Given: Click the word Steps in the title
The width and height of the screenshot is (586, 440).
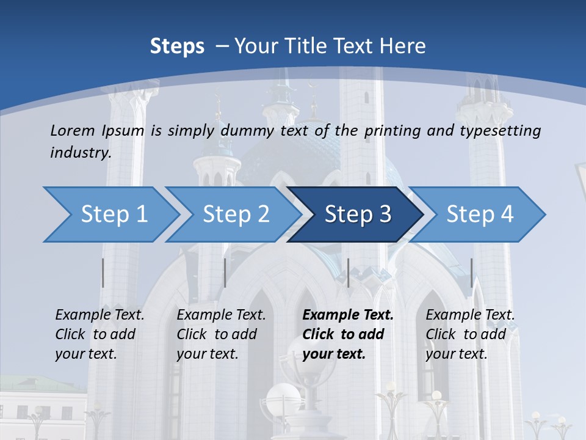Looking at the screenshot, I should tap(177, 46).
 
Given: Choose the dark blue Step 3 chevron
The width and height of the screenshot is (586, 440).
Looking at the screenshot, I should tap(358, 215).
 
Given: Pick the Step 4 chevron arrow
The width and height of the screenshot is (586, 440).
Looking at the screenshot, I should tap(480, 215).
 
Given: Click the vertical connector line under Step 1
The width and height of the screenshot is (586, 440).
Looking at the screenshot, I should tap(103, 273).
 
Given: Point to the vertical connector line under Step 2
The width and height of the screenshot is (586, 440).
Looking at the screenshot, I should tap(225, 273).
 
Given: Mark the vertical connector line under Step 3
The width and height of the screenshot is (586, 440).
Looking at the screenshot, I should tap(348, 273).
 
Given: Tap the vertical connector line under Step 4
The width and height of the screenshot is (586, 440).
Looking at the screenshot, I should tap(471, 273).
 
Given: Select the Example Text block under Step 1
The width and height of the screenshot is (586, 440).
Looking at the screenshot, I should tap(99, 334).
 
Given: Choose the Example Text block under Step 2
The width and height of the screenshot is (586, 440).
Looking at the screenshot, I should tap(221, 334).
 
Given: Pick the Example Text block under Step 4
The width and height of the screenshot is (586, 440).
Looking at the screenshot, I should tap(470, 334).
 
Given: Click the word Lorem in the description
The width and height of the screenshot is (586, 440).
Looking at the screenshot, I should tap(73, 130).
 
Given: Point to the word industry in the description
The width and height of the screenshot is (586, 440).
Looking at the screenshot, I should tap(81, 152).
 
